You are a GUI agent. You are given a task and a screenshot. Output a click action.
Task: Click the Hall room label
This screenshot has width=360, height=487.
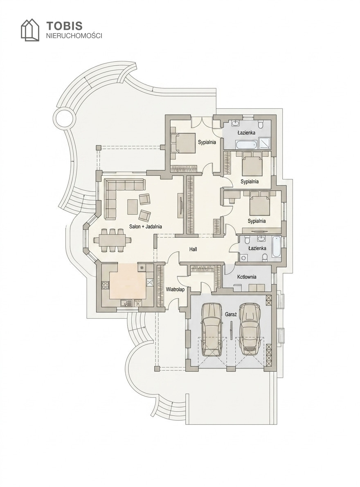(193, 249)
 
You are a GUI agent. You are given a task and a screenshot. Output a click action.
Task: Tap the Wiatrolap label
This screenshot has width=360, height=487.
(175, 289)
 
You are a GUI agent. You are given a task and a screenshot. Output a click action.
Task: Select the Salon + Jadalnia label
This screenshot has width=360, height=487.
(146, 227)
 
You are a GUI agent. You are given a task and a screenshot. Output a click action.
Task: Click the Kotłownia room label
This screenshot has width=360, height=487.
(247, 277)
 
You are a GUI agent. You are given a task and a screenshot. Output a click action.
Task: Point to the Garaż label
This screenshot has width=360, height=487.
(231, 315)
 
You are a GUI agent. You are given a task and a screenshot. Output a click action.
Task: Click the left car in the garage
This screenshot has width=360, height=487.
(211, 329)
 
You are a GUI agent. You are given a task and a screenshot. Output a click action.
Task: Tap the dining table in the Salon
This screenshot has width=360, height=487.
(112, 240)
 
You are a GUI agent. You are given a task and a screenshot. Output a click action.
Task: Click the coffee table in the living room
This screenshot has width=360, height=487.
(133, 206)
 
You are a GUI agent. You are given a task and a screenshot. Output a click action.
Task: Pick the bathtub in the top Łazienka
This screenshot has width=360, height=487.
(246, 144)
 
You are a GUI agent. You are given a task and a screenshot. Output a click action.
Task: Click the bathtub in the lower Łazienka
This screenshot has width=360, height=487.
(277, 247)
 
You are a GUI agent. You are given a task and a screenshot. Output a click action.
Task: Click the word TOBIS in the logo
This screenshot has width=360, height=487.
(64, 25)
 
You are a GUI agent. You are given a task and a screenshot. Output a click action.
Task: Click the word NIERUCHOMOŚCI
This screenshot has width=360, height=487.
(74, 36)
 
